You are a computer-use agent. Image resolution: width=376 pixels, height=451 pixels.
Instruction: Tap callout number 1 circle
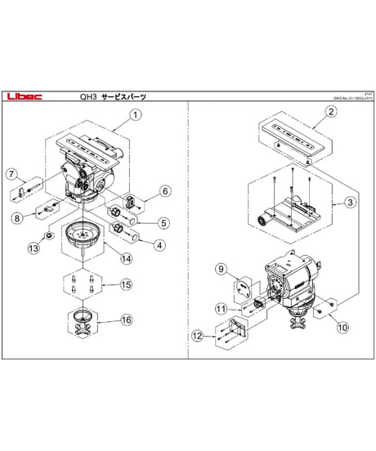[x=136, y=115]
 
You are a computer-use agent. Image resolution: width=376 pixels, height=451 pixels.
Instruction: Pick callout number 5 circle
[x=163, y=221]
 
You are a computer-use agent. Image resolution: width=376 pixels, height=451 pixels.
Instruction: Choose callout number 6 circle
[x=164, y=191]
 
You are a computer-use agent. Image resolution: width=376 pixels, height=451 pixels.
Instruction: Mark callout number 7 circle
[x=11, y=173]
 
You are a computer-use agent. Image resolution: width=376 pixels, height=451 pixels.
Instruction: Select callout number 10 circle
[x=342, y=327]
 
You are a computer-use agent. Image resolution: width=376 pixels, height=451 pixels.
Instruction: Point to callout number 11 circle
[x=220, y=308]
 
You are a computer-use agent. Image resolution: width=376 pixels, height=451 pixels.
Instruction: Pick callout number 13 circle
[x=34, y=248]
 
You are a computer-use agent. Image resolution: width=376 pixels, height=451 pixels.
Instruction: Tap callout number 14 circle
[x=126, y=259]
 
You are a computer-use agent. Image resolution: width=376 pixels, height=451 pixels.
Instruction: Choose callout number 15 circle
[x=125, y=284]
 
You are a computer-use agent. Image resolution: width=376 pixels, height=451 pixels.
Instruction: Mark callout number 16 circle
[x=125, y=320]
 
